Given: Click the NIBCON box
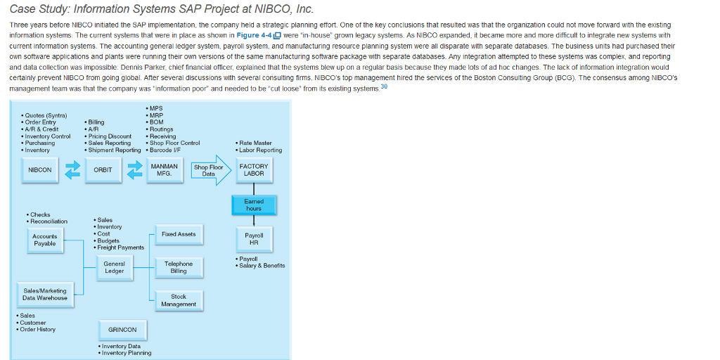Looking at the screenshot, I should pos(39,170).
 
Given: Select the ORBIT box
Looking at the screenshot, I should pos(103,170).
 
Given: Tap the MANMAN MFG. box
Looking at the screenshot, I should pos(165,170).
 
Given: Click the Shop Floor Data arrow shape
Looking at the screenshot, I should pos(210,170).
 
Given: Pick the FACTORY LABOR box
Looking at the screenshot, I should pos(254,170).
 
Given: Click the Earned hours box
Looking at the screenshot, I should pos(254,205).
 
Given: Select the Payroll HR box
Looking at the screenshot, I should pos(254,239).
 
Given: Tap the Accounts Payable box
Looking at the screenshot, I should pos(45,240).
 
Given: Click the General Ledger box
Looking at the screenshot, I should pos(114,267).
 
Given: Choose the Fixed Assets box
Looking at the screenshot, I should pos(179,234).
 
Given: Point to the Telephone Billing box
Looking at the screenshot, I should pos(179,267).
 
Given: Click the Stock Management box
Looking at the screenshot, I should pos(179,300).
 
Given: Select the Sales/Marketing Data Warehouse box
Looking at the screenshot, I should pos(45,295).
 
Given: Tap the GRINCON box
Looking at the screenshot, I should pos(122,330).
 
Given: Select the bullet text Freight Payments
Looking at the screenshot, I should pos(120,247).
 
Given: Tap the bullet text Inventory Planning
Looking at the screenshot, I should pos(127,353).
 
